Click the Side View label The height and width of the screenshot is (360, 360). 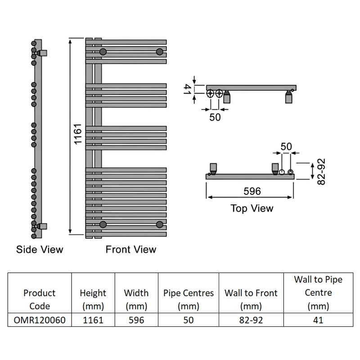40,249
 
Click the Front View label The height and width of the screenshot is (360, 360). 131,249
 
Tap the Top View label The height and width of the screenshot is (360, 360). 252,208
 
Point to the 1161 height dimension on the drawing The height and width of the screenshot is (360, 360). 78,134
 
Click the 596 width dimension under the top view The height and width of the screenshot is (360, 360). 252,191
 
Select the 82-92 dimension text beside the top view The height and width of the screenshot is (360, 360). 321,171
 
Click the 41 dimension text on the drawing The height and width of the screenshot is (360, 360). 188,89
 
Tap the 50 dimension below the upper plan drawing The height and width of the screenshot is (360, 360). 215,117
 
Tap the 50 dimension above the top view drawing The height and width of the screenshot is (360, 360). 286,147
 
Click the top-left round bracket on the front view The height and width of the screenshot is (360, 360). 103,52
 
